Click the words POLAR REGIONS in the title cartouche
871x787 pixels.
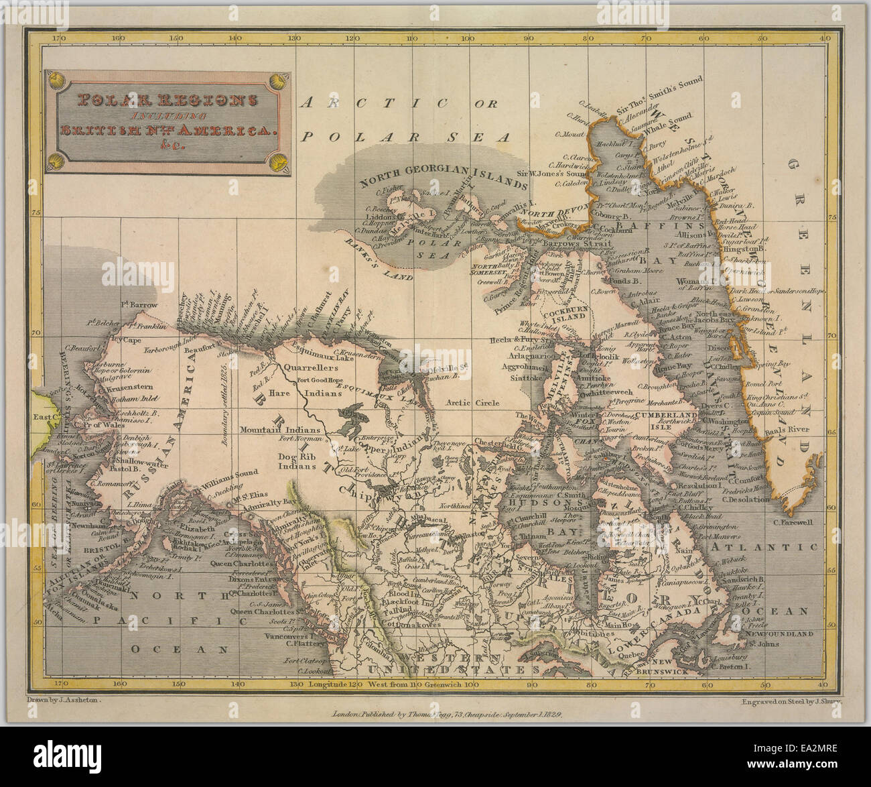tap(167, 101)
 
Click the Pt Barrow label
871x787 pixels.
tap(139, 305)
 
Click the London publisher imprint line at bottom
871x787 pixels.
tap(447, 715)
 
